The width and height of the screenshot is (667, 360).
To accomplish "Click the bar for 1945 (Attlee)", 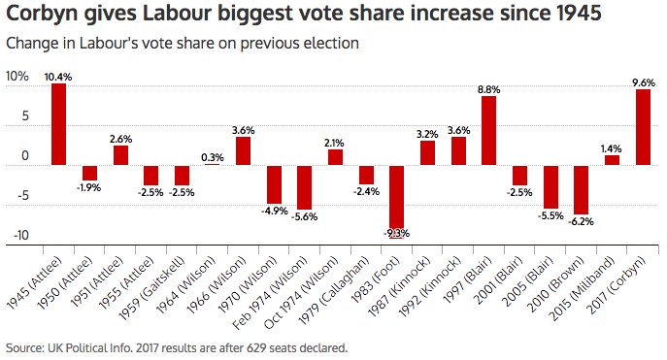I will tap(59, 124).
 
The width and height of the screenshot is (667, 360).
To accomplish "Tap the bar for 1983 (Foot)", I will tap(397, 200).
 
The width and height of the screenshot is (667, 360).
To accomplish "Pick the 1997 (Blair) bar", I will tap(488, 130).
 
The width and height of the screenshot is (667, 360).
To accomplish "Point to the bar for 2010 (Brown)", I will tap(581, 189).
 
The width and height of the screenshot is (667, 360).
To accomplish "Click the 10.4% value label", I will tap(59, 76).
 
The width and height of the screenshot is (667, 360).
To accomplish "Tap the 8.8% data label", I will tap(489, 88).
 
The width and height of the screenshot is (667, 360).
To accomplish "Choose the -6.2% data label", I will tap(581, 221).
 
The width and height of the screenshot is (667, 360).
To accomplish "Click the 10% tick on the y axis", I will tap(17, 77).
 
